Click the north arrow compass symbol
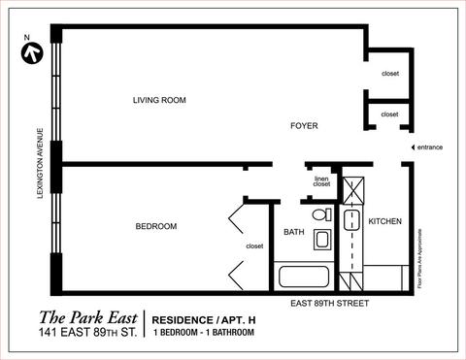point(32,53)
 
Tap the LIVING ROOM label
point(159,100)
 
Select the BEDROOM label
point(156,226)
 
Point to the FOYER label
point(304,125)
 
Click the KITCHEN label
point(385,221)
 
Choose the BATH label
point(294,232)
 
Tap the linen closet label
point(321,181)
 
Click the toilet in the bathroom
point(321,214)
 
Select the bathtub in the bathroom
point(304,277)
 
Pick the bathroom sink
point(322,240)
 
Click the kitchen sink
point(351,220)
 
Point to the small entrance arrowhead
point(413,147)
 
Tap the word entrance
point(430,147)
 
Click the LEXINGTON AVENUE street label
point(40,163)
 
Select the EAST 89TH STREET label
point(329,304)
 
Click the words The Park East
point(88,317)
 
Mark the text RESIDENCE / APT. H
point(204,320)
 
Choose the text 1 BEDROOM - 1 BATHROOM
point(204,332)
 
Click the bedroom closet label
point(254,246)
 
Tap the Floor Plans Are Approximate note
point(419,258)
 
